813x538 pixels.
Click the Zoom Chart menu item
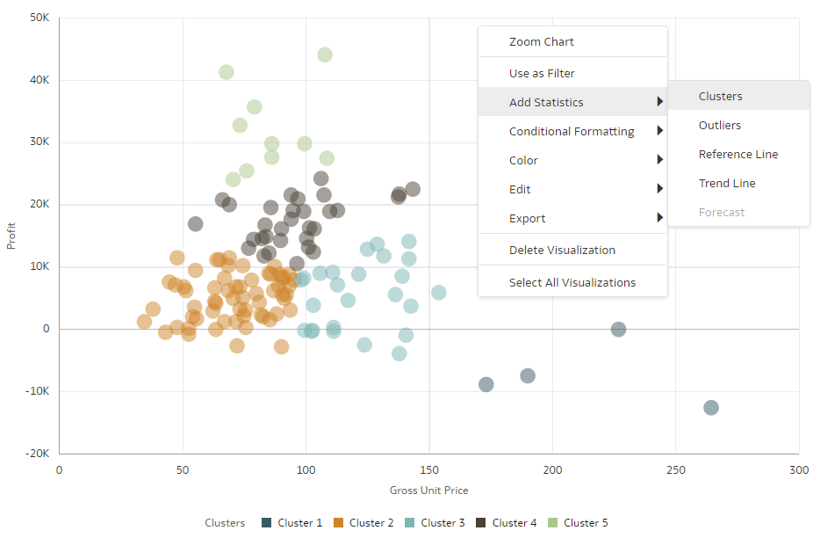click(541, 41)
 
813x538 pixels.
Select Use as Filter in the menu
click(542, 73)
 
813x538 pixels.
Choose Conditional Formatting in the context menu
click(572, 131)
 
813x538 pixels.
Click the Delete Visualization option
click(562, 250)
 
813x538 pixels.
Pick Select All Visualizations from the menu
click(572, 282)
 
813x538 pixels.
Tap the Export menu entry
click(527, 218)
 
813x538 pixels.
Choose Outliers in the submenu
click(720, 125)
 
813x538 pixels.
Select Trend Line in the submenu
click(727, 183)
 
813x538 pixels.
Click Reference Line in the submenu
click(738, 154)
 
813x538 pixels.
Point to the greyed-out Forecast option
click(722, 212)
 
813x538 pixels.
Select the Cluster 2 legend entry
click(363, 523)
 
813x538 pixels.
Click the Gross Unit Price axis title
click(429, 490)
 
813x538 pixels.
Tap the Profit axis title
click(12, 235)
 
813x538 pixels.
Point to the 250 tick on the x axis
click(676, 469)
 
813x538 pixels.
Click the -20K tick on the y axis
click(37, 454)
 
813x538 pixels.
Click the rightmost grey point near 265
click(711, 408)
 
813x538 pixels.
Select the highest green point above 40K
click(325, 55)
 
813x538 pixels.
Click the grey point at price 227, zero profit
click(618, 330)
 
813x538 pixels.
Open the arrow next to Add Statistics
click(659, 102)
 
